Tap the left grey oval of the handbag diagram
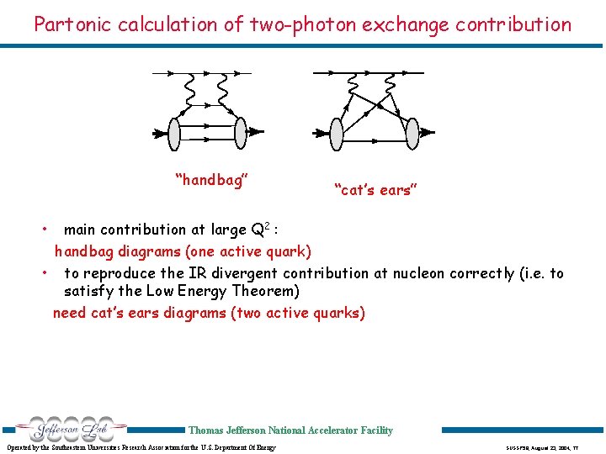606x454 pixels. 175,131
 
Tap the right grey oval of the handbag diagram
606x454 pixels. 240,131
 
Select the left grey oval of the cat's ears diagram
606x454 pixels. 337,131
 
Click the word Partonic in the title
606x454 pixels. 70,24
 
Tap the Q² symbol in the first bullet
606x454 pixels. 261,229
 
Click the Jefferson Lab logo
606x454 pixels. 64,429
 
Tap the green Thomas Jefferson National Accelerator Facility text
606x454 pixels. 290,430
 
